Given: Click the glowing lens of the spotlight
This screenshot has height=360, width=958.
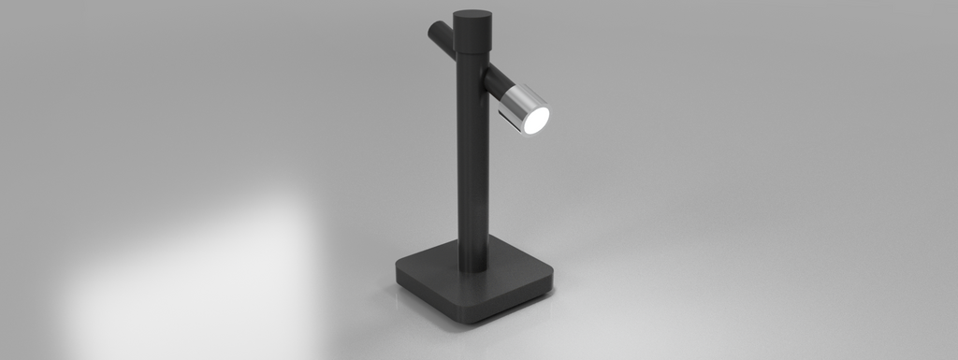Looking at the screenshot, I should tap(535, 120).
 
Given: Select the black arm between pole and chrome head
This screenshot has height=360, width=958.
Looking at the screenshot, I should tap(497, 80).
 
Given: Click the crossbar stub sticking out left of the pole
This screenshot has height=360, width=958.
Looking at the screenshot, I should tap(441, 37).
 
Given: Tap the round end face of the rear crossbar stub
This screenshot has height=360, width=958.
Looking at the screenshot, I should tap(432, 31).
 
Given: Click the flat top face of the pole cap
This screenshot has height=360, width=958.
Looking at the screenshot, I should tap(472, 17).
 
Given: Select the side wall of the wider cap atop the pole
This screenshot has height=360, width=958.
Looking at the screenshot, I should tap(472, 37).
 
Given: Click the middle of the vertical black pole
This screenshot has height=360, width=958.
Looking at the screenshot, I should tap(472, 159).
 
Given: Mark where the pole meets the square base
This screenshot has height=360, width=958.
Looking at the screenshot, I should tap(473, 269).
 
